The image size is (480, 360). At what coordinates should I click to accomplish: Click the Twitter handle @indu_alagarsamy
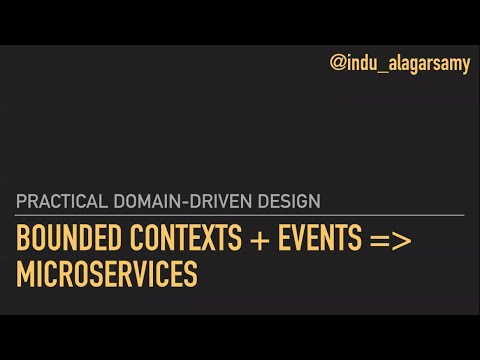click(x=400, y=65)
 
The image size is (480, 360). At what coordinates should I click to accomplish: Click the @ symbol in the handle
click(x=338, y=65)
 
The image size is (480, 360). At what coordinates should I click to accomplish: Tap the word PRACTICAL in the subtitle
click(x=57, y=201)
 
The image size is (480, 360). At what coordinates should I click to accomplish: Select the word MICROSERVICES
click(x=107, y=273)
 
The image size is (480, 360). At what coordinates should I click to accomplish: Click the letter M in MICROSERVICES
click(x=24, y=273)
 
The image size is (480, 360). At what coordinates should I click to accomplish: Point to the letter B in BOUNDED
click(x=22, y=239)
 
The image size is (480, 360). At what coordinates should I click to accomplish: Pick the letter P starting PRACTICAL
click(x=21, y=201)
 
